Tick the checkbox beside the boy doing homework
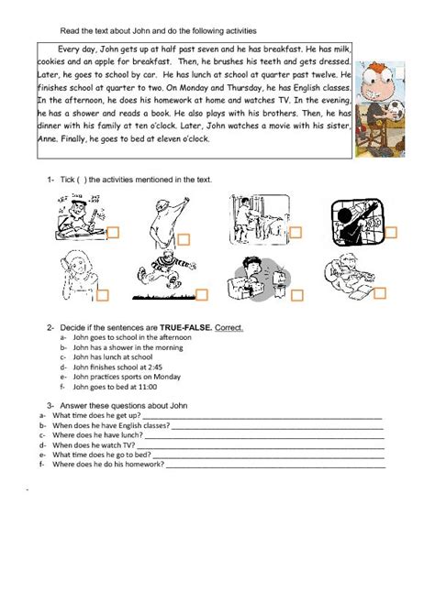(114, 233)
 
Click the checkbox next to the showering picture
(297, 232)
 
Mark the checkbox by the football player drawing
(202, 294)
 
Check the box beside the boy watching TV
(296, 295)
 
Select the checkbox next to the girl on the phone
(103, 294)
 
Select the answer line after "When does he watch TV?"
(266, 445)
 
